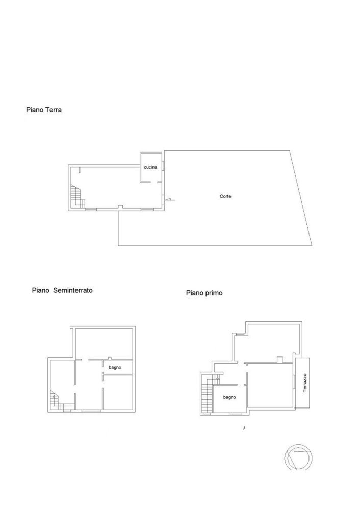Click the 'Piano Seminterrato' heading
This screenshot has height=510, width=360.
(62, 290)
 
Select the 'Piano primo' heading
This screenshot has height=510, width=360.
(204, 293)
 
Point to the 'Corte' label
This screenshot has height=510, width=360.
(225, 196)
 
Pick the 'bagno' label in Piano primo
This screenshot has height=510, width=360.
(229, 397)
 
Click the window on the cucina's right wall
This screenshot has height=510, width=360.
(163, 167)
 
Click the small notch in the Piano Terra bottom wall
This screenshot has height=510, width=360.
(120, 207)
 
